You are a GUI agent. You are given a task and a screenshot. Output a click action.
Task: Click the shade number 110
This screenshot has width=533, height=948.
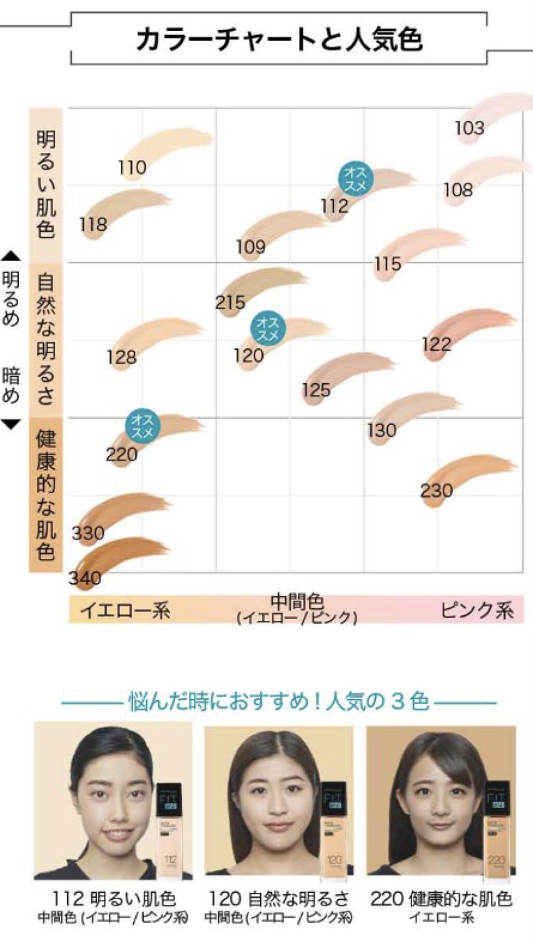pos(132,168)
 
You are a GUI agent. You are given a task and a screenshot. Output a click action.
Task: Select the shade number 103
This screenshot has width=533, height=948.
pos(469,128)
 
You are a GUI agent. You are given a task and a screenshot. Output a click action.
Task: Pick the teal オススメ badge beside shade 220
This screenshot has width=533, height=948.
pos(142,426)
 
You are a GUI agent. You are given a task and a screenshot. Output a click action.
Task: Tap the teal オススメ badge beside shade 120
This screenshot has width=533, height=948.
pos(268,329)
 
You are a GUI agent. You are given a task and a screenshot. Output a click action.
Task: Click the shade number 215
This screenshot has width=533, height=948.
pos(230,302)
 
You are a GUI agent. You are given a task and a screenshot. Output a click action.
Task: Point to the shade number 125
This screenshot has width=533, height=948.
pos(316,390)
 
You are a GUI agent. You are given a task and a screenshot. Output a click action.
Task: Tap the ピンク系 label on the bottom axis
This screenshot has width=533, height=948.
pos(477,610)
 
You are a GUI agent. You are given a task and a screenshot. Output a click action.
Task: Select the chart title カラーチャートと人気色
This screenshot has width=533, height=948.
pos(279,40)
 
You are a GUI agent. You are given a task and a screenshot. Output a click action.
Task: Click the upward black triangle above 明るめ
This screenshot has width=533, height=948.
pos(11,256)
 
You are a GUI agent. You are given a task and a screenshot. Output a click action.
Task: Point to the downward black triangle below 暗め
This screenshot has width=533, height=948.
pos(11,424)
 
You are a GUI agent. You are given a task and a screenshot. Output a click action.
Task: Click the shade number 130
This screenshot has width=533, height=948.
pos(382,430)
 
